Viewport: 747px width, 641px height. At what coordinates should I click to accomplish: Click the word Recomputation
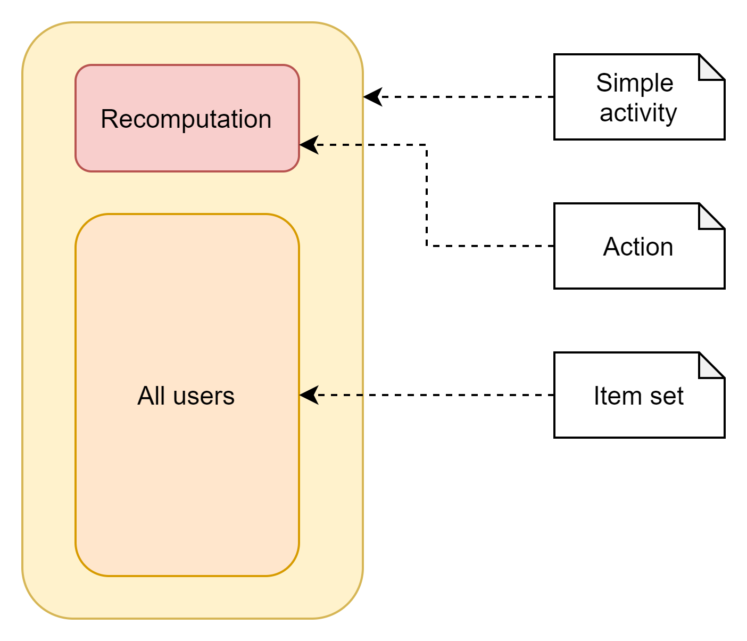(186, 119)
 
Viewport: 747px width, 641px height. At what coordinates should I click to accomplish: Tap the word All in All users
(151, 396)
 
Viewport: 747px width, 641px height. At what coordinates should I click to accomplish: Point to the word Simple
(635, 84)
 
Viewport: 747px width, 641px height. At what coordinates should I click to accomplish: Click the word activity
(638, 113)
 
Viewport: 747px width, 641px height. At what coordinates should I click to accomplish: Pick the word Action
(638, 247)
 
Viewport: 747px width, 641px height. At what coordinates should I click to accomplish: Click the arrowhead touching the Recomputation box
(309, 145)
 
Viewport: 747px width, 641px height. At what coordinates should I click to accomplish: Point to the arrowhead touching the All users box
(309, 395)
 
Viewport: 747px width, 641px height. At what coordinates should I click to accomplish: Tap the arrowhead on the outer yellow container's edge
(372, 97)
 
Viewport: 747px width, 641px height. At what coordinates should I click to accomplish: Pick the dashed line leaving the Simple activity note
(468, 97)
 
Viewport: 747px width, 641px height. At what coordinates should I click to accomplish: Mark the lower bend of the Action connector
(427, 246)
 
